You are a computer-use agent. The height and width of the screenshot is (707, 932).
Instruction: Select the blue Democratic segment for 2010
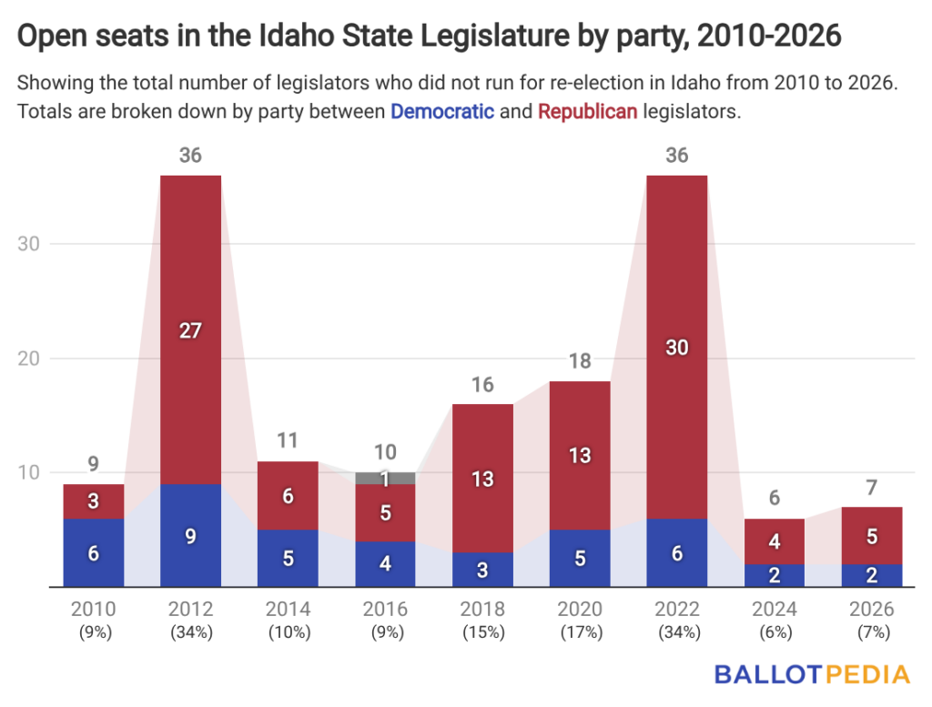coord(94,552)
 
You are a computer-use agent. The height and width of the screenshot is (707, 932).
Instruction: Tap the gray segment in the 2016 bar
coord(385,478)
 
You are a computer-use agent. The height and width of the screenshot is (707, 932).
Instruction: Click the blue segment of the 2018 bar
coord(482,570)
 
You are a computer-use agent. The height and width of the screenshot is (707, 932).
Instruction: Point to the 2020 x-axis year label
coord(579,610)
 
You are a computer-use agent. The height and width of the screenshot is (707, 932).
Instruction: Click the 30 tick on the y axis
coord(29,244)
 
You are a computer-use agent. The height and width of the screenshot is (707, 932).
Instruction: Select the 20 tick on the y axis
coord(29,359)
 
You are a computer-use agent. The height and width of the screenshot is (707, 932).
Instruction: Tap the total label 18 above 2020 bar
coord(579,361)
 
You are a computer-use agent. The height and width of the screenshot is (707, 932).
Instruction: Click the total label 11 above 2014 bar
coord(288,441)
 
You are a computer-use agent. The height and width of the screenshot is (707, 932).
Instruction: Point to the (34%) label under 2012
coord(190,632)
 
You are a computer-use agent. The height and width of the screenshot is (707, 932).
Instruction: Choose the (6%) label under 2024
coord(774,632)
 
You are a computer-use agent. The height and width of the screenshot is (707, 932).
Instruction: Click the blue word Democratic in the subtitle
coord(443,113)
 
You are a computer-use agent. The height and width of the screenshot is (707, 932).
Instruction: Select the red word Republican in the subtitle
coord(588,113)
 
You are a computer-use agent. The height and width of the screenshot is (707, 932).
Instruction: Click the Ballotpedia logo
coord(812,674)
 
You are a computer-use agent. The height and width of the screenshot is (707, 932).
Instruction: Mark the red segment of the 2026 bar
coord(871,536)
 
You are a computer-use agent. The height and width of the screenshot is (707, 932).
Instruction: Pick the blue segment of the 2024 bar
coord(774,575)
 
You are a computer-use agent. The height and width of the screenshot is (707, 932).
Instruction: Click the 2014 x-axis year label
coord(288,610)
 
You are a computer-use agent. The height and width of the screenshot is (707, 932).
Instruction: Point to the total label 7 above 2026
coord(871,487)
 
